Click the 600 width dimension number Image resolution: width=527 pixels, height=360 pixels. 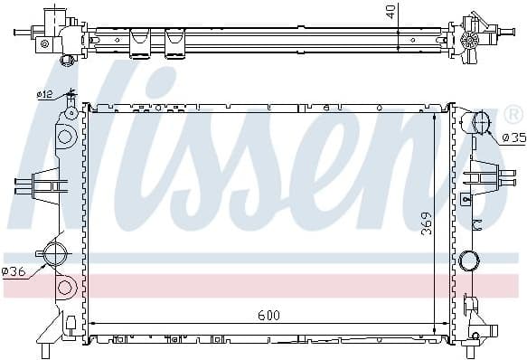268,315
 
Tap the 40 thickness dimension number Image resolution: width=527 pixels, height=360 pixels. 389,12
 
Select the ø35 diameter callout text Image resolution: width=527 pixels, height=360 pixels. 513,137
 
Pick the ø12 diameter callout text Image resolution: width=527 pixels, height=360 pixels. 43,93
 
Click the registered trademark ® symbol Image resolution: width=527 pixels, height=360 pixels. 512,115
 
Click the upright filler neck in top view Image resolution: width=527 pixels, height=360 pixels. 57,15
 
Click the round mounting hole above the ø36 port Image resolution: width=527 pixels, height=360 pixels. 64,137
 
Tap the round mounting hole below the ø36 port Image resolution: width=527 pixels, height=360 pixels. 64,289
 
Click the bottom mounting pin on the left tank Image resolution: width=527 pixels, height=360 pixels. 43,350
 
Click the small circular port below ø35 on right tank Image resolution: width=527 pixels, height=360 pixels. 468,261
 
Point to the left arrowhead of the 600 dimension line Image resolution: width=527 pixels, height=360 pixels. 93,324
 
